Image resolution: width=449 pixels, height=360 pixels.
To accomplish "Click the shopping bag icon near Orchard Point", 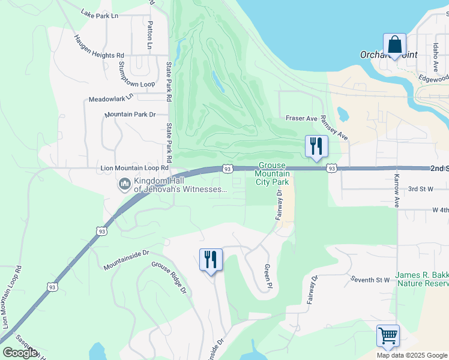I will click(x=394, y=46).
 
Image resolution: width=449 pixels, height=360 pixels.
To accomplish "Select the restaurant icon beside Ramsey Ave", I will click(x=315, y=146).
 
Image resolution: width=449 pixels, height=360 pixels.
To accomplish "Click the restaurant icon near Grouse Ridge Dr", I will click(x=211, y=260).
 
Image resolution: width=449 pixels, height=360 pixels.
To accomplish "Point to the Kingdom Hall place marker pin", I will click(x=125, y=184).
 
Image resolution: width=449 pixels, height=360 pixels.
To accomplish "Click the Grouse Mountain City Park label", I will click(x=274, y=173).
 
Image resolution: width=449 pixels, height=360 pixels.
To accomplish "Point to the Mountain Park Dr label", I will click(x=130, y=114).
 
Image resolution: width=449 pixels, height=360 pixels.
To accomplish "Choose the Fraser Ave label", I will click(x=301, y=119).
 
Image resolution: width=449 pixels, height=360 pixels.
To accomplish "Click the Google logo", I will click(x=20, y=353).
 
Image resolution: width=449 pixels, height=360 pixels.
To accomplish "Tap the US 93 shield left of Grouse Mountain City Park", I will click(x=227, y=169).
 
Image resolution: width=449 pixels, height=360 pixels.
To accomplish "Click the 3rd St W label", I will click(x=420, y=189).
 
